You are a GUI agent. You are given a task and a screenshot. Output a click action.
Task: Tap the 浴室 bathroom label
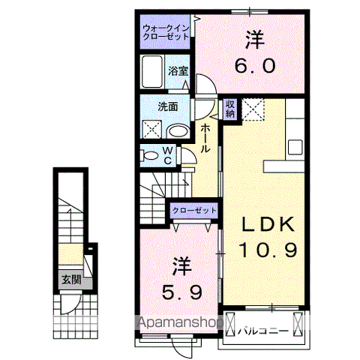[x=178, y=70]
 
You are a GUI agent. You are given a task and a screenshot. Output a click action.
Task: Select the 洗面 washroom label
[x=167, y=106]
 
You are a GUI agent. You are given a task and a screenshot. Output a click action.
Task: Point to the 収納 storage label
[x=229, y=109]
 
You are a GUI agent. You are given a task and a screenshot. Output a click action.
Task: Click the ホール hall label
[x=205, y=139]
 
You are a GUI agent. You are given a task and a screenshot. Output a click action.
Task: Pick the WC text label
[x=168, y=155]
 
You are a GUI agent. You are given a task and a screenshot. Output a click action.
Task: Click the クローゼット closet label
[x=193, y=211]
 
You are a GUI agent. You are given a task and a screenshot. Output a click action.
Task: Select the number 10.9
[x=268, y=250]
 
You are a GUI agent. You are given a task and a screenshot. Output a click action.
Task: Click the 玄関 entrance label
[x=71, y=281]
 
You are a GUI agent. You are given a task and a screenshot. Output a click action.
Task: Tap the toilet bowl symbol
[x=150, y=156]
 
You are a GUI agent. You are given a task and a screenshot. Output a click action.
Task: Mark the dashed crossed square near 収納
[x=253, y=109]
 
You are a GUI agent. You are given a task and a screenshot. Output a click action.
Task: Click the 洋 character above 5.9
[x=181, y=266]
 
